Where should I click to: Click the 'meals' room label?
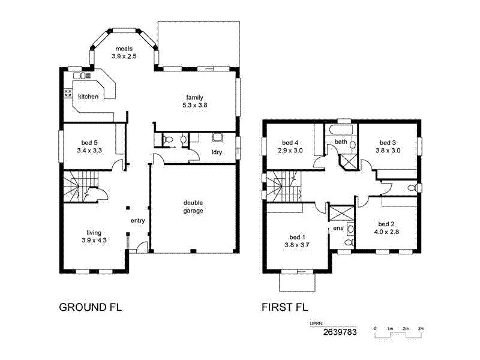(x=124, y=49)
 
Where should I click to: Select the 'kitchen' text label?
(x=88, y=97)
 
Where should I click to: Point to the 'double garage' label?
(x=193, y=207)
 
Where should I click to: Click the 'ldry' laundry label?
(x=217, y=152)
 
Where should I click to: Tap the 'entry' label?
(x=138, y=221)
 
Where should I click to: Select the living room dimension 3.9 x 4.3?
(x=94, y=240)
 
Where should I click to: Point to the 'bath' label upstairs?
(x=341, y=142)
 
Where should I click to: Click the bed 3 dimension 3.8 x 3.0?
(x=387, y=151)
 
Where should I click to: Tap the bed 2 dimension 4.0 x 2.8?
(x=386, y=231)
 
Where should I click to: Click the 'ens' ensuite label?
(x=338, y=229)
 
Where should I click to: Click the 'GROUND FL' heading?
(x=90, y=308)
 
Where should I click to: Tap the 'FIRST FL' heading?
(x=284, y=308)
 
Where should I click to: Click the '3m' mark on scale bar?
(x=421, y=329)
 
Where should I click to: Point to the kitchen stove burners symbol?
(x=68, y=94)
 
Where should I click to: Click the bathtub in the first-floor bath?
(x=341, y=129)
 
